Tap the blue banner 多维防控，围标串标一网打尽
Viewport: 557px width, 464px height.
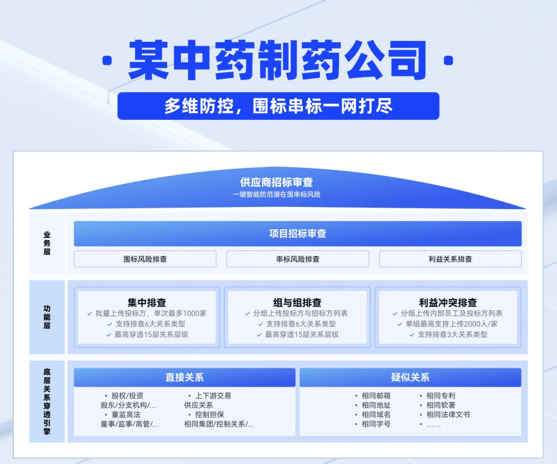click(x=278, y=106)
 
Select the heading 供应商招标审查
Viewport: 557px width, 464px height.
click(x=276, y=182)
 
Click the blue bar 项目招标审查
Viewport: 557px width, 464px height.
click(x=298, y=233)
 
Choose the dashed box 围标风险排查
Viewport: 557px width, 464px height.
click(x=145, y=259)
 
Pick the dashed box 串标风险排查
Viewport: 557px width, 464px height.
click(x=298, y=259)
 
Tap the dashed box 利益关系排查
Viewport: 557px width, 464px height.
click(x=450, y=259)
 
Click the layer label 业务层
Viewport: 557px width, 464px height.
click(x=47, y=243)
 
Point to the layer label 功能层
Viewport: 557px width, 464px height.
click(x=47, y=317)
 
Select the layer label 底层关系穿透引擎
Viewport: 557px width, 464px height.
click(x=47, y=401)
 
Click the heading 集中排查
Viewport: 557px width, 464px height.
click(x=147, y=302)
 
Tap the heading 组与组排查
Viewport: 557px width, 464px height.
click(x=297, y=302)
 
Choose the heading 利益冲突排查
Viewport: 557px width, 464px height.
click(x=448, y=302)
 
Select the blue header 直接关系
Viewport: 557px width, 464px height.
click(x=185, y=377)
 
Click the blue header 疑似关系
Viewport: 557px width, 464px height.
click(x=410, y=377)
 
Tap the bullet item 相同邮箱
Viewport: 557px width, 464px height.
click(x=376, y=396)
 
